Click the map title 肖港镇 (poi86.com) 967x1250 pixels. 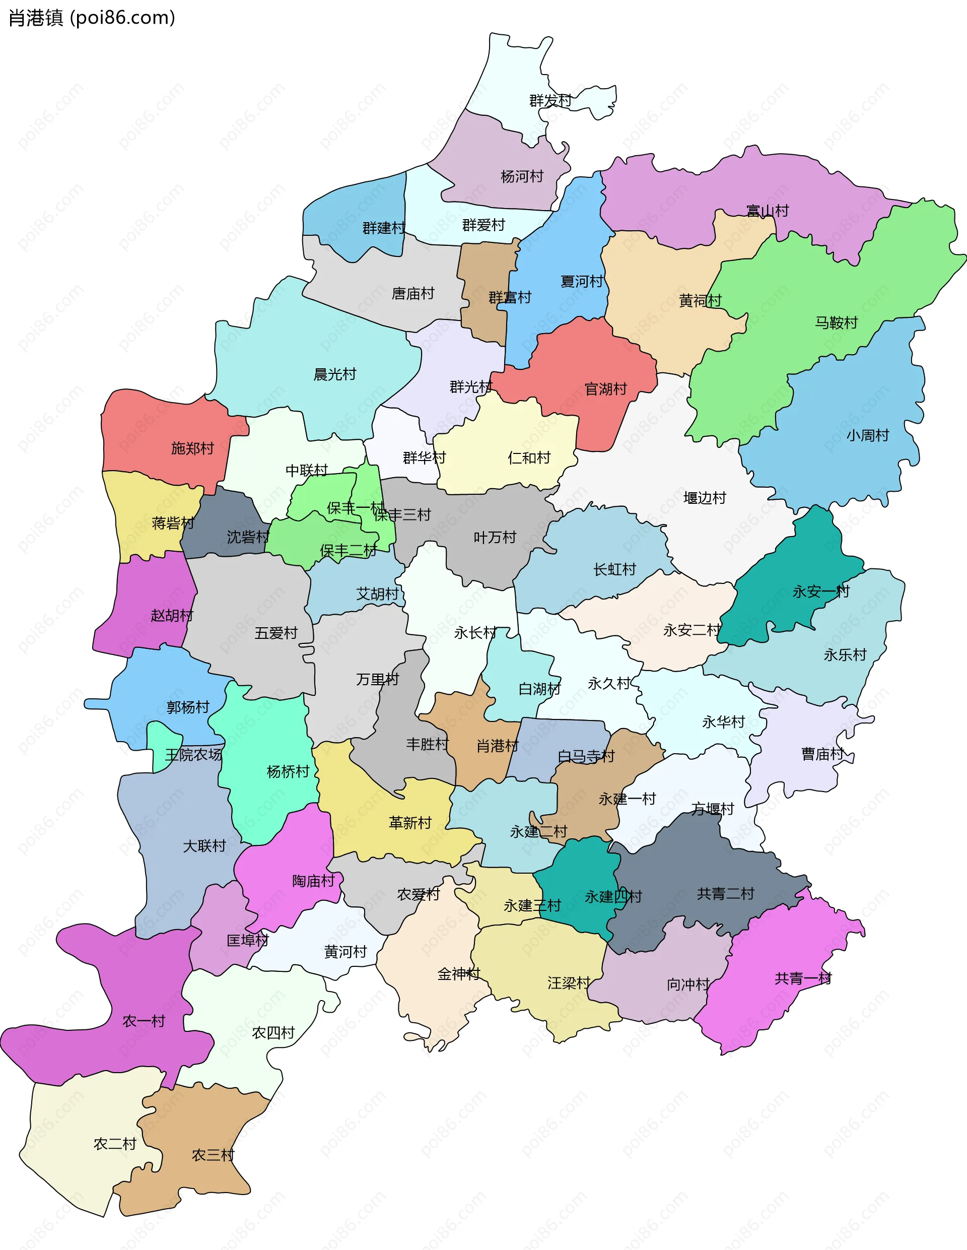[x=92, y=18]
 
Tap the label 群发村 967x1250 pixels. [x=550, y=101]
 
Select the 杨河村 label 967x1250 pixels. [x=521, y=176]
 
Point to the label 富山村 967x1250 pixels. [x=768, y=211]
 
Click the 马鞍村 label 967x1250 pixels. [x=836, y=323]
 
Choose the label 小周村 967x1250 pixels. [x=867, y=435]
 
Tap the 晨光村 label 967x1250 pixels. [x=335, y=374]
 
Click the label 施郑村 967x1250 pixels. [x=192, y=448]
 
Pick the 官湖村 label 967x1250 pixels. [x=605, y=389]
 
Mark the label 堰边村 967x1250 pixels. [x=705, y=498]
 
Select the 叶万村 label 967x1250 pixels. [x=495, y=538]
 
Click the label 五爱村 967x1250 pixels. [x=276, y=633]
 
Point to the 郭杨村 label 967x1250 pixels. [x=188, y=707]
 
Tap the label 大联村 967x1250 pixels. [x=204, y=846]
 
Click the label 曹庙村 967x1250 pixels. [x=822, y=754]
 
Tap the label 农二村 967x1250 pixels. [x=114, y=1144]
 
